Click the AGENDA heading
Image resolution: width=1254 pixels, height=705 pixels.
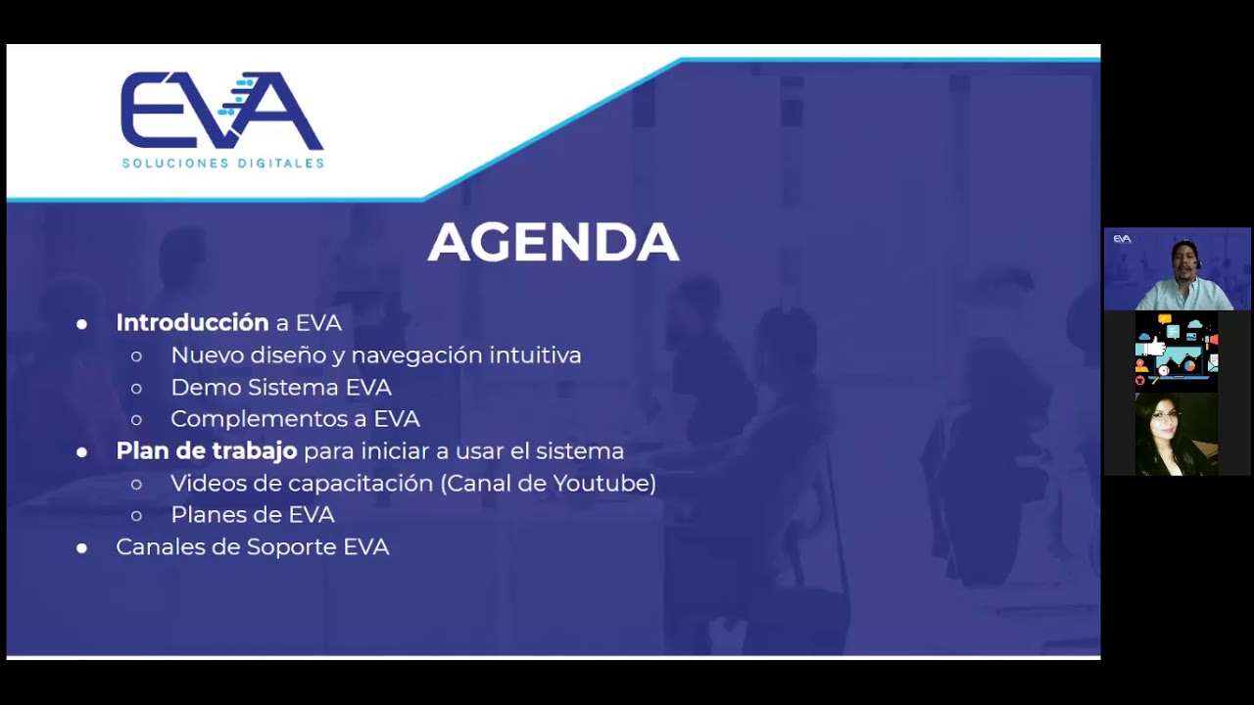(554, 242)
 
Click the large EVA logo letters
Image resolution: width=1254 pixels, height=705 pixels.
(222, 110)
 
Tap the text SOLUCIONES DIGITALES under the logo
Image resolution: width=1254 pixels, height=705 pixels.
(222, 164)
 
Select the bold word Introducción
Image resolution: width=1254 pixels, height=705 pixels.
(192, 322)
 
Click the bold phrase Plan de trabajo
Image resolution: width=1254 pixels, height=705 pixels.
(206, 451)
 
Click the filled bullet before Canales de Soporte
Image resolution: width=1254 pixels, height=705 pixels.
(82, 547)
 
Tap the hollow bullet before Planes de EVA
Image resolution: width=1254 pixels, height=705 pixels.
(136, 515)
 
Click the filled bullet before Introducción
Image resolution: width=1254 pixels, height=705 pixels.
(82, 323)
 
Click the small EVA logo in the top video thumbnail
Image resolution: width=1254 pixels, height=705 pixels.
(1122, 239)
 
